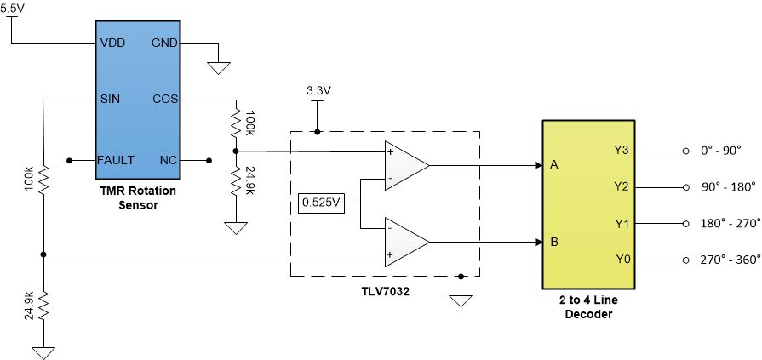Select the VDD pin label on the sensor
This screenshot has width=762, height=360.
pyautogui.click(x=112, y=43)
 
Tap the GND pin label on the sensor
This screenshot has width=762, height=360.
pyautogui.click(x=163, y=43)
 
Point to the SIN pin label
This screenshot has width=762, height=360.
pyautogui.click(x=110, y=98)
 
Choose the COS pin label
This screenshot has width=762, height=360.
pyautogui.click(x=164, y=98)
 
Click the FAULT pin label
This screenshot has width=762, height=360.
pyautogui.click(x=115, y=160)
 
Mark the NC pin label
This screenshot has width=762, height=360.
pyautogui.click(x=168, y=160)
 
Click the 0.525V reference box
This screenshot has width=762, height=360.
pyautogui.click(x=322, y=204)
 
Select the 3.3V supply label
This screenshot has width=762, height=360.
pyautogui.click(x=318, y=90)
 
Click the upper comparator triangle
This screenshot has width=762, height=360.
pyautogui.click(x=405, y=165)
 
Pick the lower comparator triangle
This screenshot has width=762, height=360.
pyautogui.click(x=405, y=242)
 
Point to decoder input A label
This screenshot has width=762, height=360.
pyautogui.click(x=554, y=165)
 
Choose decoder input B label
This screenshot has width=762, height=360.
pyautogui.click(x=554, y=242)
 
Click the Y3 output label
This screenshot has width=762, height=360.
pyautogui.click(x=622, y=151)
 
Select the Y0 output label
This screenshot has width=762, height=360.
pyautogui.click(x=622, y=260)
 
